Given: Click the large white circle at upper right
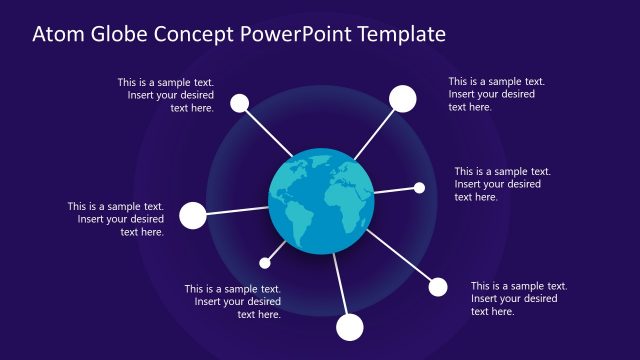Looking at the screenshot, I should click(x=402, y=98).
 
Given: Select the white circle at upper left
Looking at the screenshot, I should click(x=239, y=102).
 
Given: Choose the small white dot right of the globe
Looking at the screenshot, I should click(x=419, y=187).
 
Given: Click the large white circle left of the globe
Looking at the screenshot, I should click(x=192, y=215).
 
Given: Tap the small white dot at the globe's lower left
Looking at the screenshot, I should click(x=265, y=263).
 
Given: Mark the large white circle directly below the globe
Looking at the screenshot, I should click(x=350, y=326).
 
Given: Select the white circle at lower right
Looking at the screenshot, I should click(x=438, y=288).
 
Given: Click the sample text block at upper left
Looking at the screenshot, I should click(x=166, y=95).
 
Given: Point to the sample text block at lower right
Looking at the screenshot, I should click(x=519, y=298).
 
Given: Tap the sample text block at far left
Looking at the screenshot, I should click(x=116, y=219).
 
